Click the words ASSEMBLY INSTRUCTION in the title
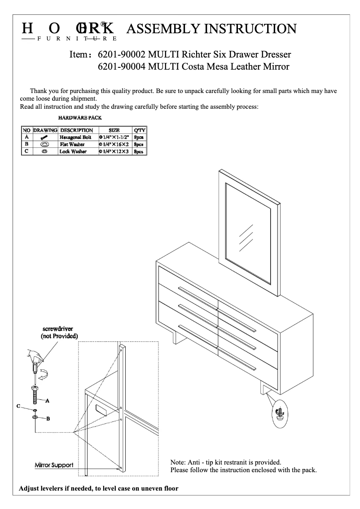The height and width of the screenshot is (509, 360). pos(211,29)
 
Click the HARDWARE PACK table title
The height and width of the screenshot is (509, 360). pos(80,118)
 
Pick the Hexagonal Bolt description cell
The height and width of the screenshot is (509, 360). pos(75,137)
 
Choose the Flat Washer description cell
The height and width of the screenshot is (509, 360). pos(72,144)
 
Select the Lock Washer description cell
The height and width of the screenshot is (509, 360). pos(73,152)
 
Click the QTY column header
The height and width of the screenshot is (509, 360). pos(140,130)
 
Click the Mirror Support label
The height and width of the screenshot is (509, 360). pos(54,465)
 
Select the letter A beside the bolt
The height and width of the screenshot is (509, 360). pos(47,400)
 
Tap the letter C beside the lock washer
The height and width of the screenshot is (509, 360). pos(18,406)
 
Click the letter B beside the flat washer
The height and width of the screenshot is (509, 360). pos(48,418)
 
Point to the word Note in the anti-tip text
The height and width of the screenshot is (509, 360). pos(179,462)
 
